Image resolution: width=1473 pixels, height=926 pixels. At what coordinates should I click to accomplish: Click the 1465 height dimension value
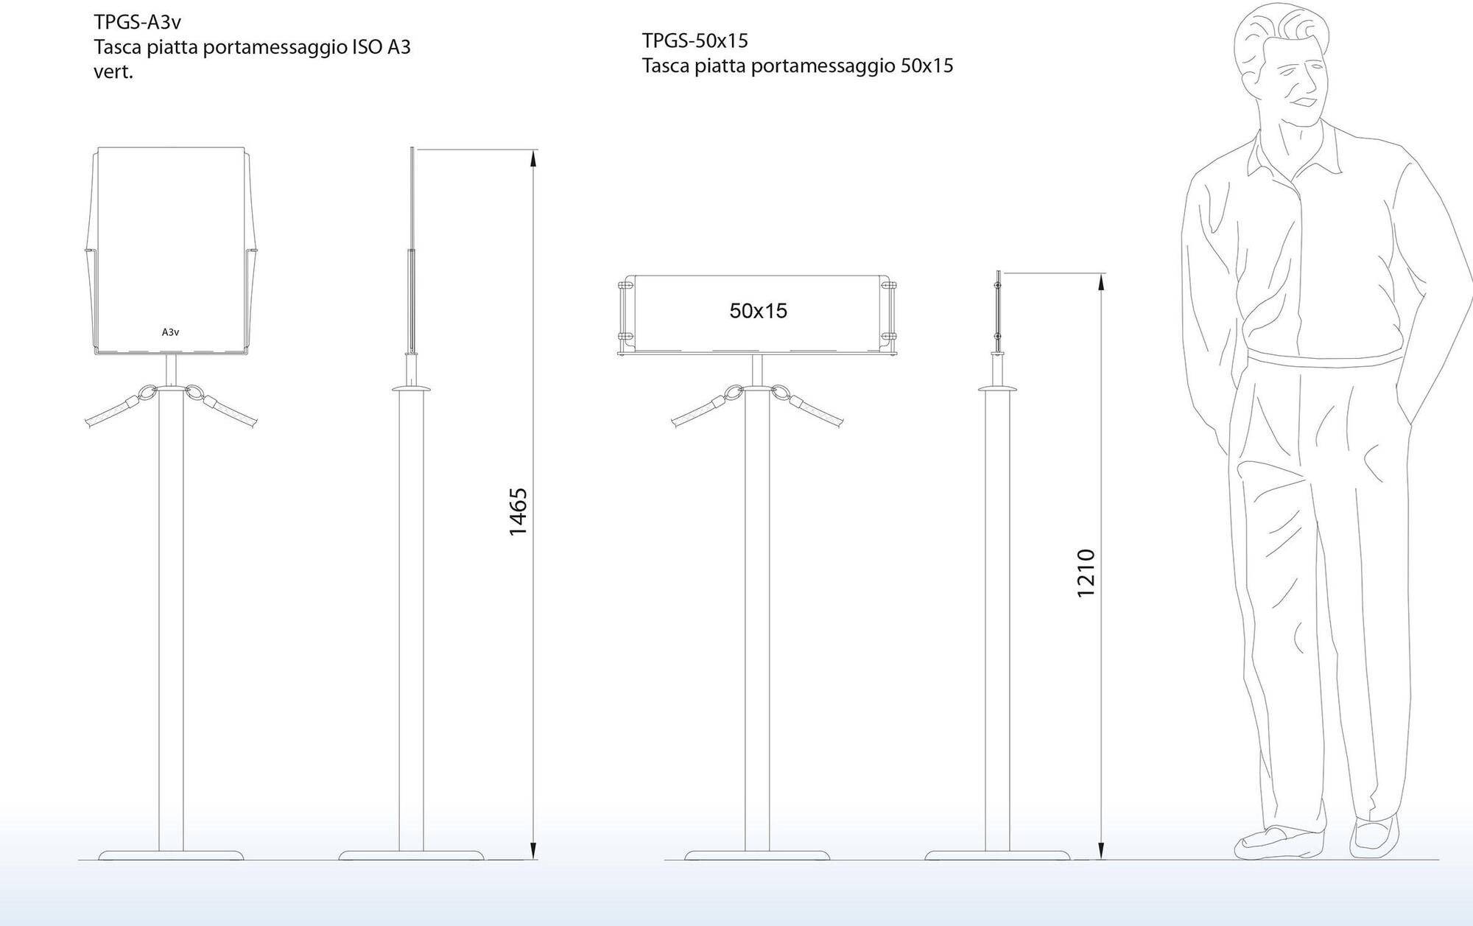518,511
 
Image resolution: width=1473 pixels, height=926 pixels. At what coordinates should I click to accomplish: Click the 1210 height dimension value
1086,573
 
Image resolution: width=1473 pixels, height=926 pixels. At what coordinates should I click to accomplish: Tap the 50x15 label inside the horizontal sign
758,311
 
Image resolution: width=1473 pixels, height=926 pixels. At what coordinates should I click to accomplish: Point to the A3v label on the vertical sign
170,332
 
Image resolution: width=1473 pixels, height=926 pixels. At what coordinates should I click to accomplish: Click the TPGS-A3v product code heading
137,22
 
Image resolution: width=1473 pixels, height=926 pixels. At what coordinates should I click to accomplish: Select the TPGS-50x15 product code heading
695,40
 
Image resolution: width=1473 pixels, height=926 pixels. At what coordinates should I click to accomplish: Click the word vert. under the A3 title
113,72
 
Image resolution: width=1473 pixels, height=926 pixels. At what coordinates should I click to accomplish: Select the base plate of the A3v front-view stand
171,855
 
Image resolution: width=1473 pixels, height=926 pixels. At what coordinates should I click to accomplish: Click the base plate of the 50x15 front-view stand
757,855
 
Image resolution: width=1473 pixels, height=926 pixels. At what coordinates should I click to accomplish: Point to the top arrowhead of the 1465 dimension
533,156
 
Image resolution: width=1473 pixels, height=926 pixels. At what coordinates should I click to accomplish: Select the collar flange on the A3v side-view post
410,387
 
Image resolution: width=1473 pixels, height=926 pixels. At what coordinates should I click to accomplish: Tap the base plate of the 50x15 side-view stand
997,855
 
